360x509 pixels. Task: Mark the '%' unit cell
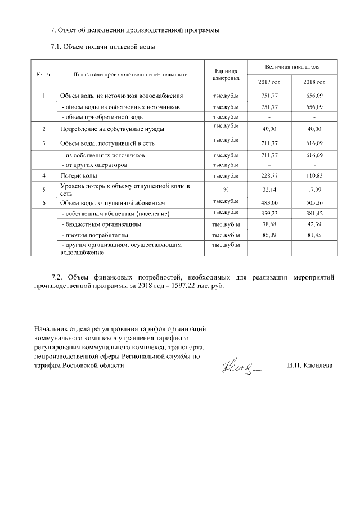point(226,190)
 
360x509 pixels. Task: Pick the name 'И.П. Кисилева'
point(309,366)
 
